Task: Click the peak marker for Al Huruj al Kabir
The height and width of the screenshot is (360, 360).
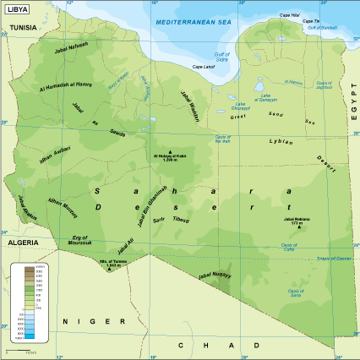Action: point(170,152)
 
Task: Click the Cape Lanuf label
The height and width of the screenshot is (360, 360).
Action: point(204,67)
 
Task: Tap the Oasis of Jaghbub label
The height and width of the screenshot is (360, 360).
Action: point(325,85)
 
